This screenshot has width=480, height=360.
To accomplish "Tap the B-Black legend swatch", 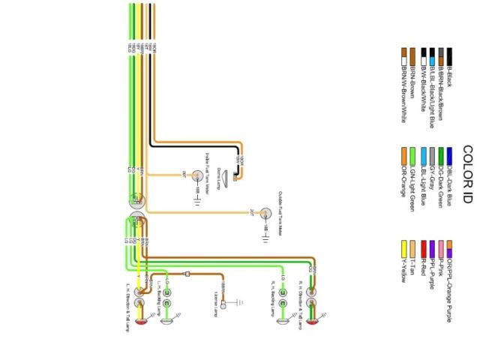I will [451, 56].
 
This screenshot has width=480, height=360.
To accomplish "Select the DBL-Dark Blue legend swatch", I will [450, 155].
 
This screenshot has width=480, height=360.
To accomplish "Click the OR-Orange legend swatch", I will [403, 155].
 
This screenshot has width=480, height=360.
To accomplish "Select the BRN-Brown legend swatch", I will [413, 56].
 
